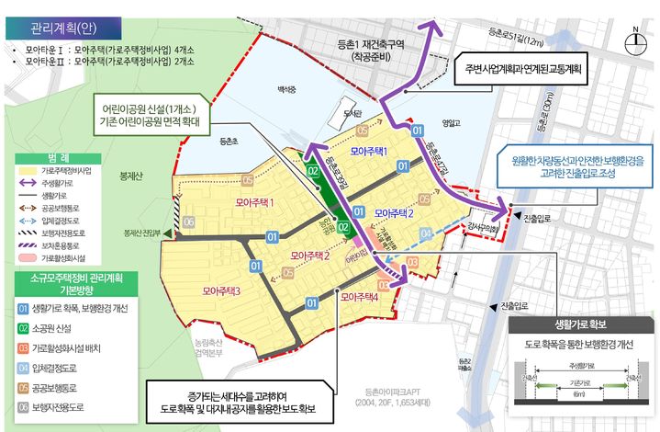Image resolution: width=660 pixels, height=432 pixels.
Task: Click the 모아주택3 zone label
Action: point(221,291)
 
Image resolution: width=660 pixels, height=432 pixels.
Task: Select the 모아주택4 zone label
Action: point(358,297)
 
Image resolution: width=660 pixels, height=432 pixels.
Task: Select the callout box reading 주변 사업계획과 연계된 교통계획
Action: point(526,68)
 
